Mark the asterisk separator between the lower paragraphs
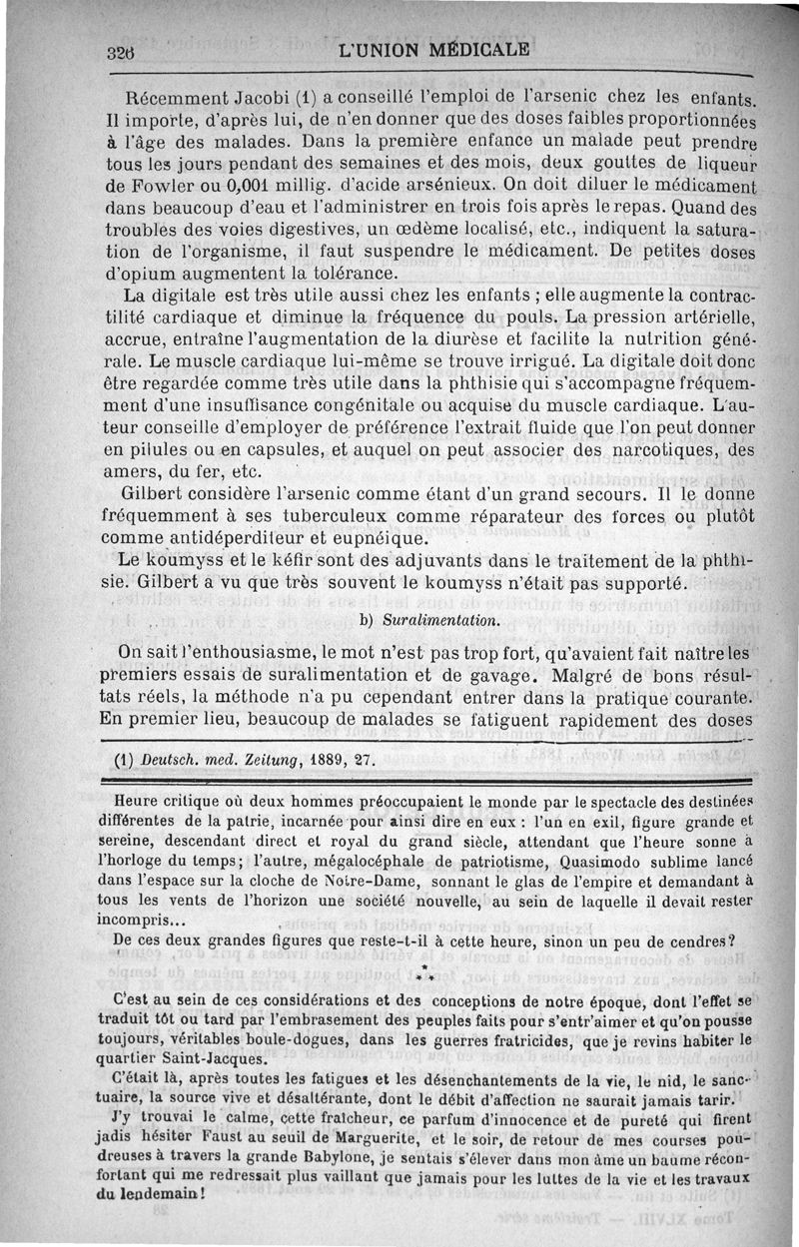424,972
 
